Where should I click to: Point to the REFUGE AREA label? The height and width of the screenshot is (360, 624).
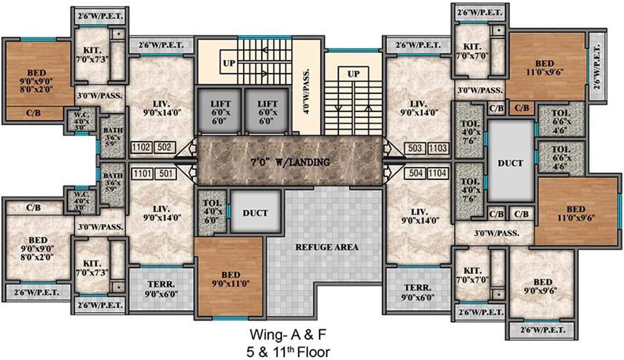tap(326, 247)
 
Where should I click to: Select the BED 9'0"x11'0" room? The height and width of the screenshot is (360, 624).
tap(229, 278)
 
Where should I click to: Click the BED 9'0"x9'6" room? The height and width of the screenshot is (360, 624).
tap(542, 286)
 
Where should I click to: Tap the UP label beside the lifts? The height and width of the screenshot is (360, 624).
tap(229, 63)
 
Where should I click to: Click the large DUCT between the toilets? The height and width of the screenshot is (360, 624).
tap(511, 163)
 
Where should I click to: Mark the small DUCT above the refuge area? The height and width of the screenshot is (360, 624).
tap(256, 213)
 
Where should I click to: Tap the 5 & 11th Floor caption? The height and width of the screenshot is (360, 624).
tap(290, 351)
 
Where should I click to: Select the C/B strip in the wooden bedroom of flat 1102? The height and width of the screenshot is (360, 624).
tap(33, 113)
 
